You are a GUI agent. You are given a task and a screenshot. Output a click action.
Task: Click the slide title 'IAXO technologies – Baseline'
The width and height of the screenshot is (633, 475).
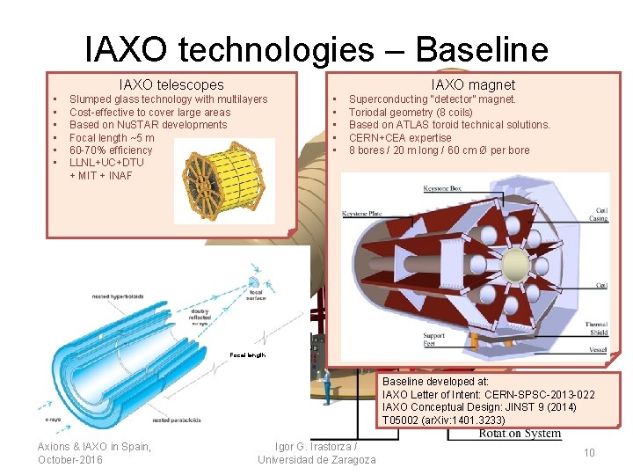pos(316,49)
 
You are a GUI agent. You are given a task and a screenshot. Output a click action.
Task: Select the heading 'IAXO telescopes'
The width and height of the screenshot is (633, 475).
pos(171,84)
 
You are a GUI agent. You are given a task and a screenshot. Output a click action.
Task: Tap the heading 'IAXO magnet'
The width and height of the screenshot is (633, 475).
pos(473,84)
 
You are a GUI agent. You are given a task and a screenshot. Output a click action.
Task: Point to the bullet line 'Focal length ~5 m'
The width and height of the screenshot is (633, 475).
pos(112,138)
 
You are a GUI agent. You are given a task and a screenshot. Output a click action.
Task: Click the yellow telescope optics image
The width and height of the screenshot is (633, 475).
pos(223,180)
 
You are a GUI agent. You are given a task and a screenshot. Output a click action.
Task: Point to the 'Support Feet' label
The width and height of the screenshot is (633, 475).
pos(433,340)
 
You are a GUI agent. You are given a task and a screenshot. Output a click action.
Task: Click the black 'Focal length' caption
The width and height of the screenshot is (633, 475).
pos(247,354)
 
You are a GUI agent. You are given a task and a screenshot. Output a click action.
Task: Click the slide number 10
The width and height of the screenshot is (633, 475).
pos(589,452)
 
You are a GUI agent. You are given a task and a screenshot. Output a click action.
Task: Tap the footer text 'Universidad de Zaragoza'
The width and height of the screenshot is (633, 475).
pos(316,460)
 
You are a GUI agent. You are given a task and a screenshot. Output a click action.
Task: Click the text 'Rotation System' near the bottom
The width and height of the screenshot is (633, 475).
pos(520,433)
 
